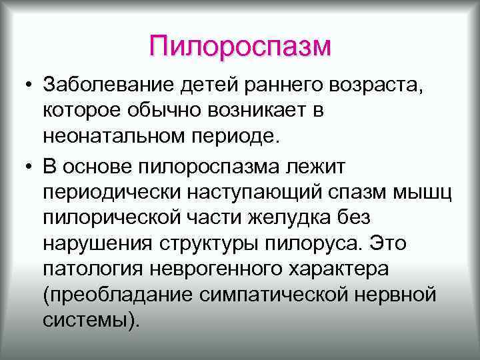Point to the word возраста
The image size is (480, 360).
(373, 87)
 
